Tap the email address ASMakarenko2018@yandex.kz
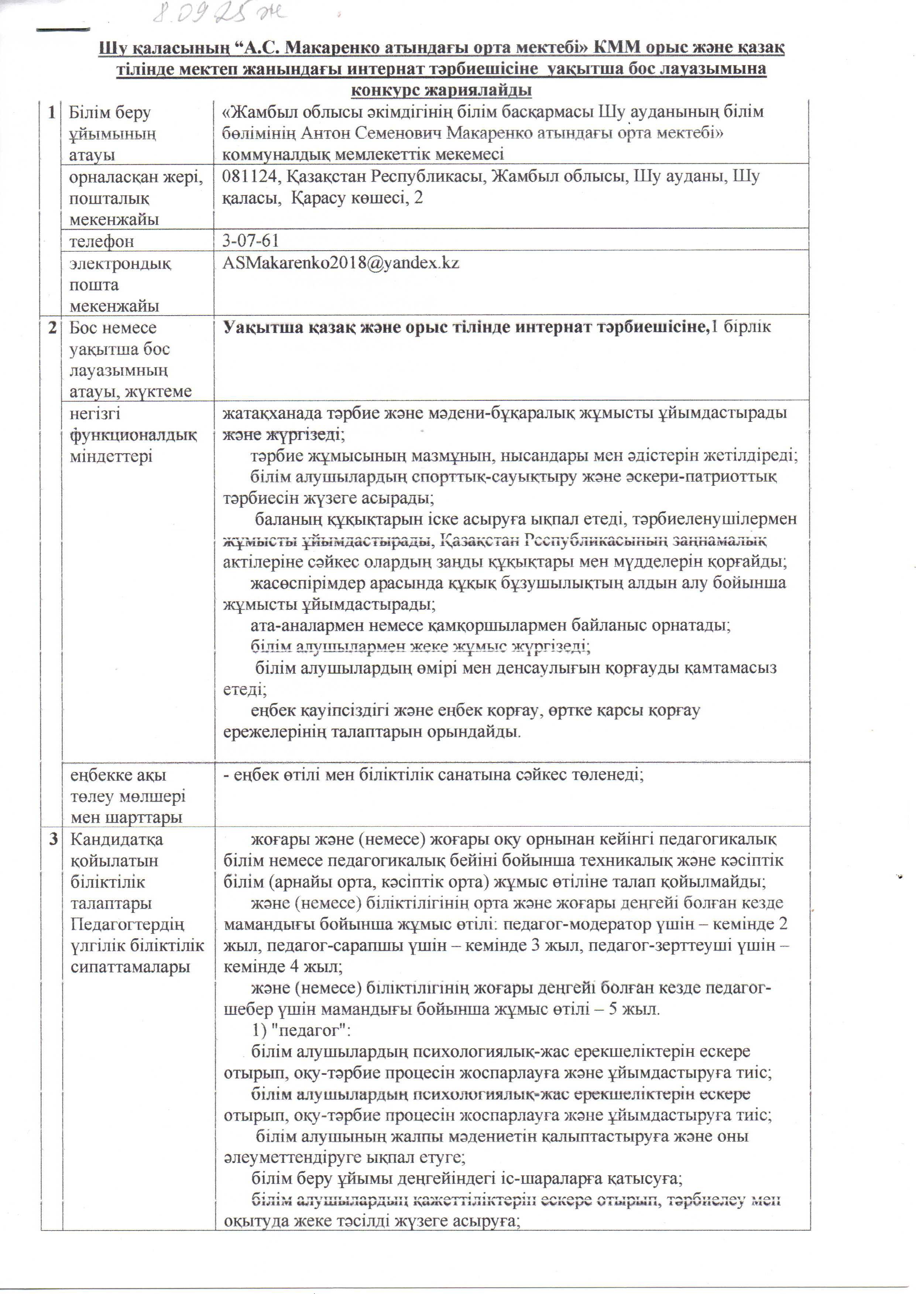tap(341, 263)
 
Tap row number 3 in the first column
tap(52, 839)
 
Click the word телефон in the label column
tap(102, 241)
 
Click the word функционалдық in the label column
tap(133, 435)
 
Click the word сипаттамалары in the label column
tap(130, 966)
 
